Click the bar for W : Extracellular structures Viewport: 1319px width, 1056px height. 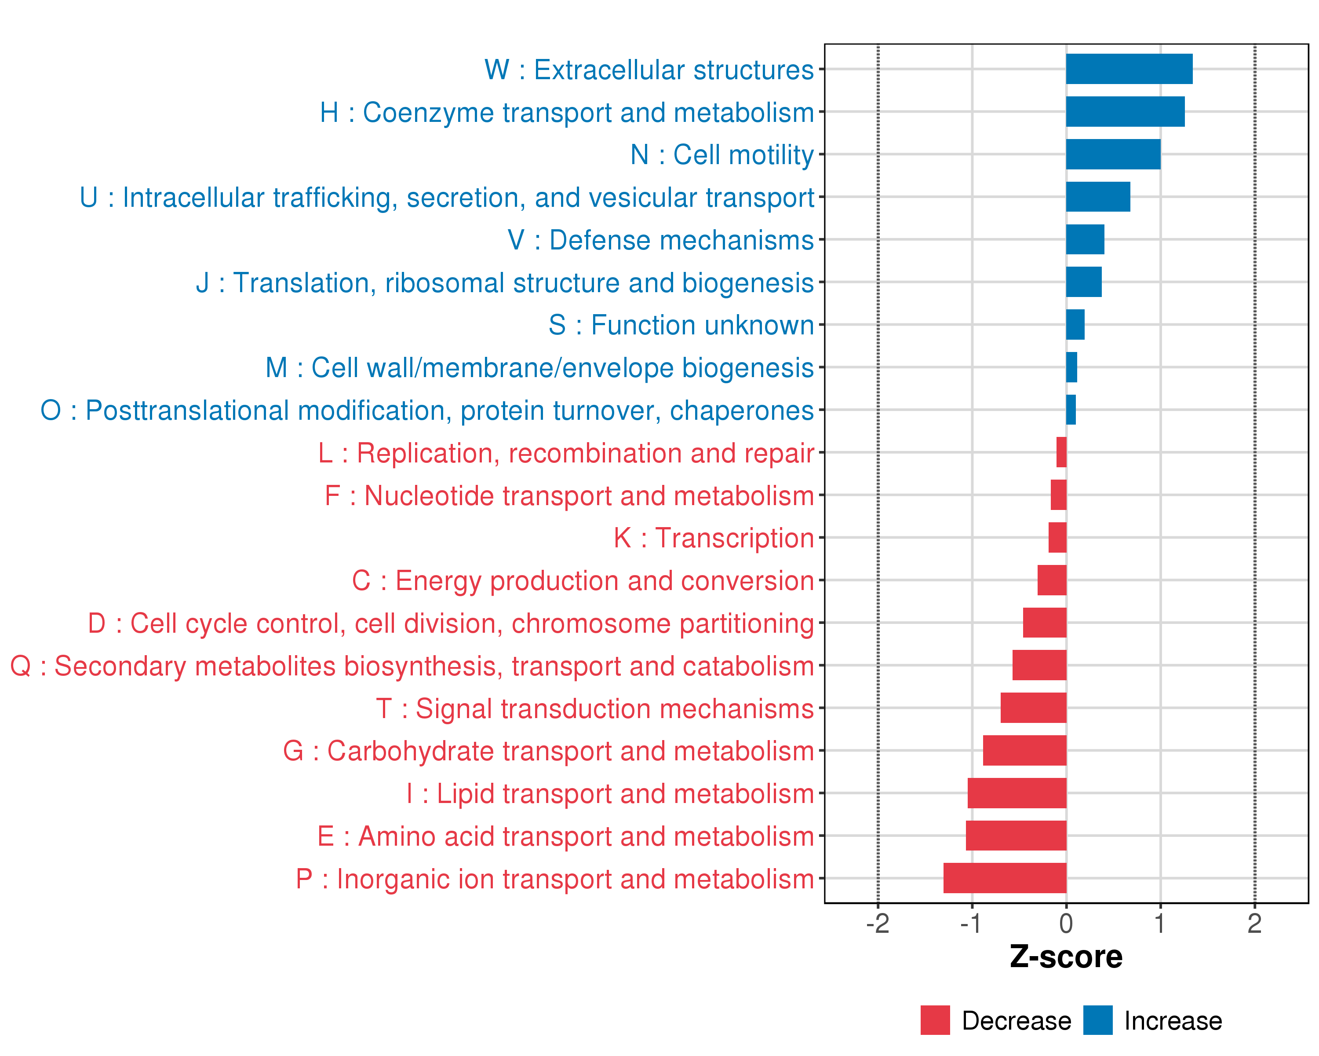(1129, 69)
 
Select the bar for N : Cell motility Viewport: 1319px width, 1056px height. (1113, 154)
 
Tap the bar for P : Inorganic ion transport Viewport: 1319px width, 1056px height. (1005, 878)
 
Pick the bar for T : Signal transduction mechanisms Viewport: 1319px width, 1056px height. (1033, 708)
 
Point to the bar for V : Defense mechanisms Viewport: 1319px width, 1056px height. (1085, 239)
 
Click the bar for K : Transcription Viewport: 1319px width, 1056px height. (1057, 538)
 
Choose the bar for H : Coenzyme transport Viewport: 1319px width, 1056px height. (1125, 111)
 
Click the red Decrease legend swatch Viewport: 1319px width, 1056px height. (935, 1020)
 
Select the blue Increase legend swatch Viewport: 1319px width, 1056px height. (1097, 1020)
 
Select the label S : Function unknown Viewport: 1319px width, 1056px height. (681, 325)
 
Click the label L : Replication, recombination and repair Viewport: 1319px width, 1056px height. (566, 453)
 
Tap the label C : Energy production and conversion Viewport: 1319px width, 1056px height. (583, 580)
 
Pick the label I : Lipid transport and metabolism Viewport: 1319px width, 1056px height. (610, 793)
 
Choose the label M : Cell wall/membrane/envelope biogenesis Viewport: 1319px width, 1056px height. (539, 368)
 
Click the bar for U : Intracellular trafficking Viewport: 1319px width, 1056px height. (1097, 197)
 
